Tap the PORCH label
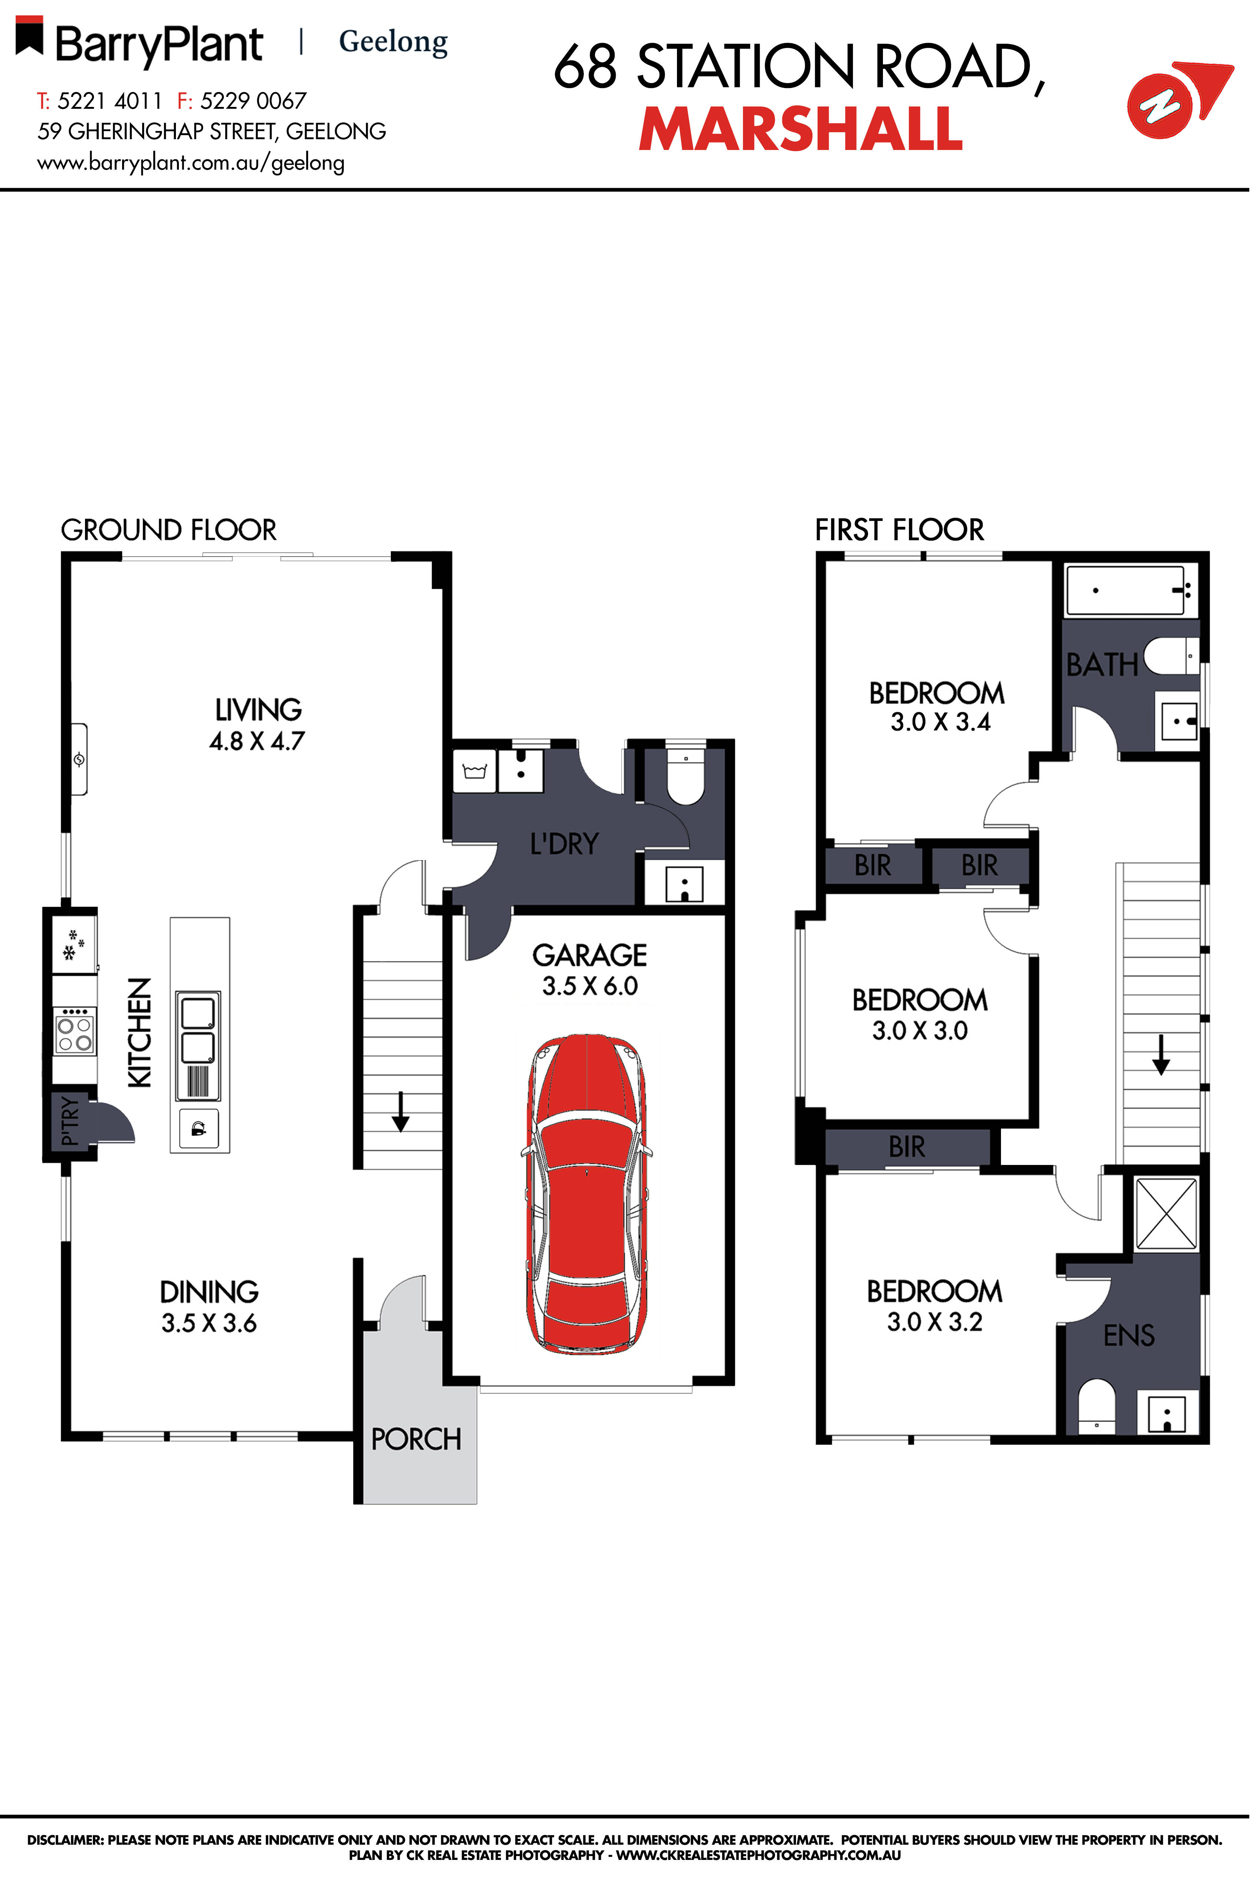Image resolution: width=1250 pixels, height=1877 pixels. (416, 1439)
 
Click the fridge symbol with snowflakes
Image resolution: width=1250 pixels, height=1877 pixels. (74, 945)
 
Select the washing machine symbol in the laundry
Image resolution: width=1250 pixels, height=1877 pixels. (474, 771)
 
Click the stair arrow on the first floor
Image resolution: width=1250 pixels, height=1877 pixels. (1161, 1054)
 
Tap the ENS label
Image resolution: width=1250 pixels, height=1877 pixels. (1129, 1335)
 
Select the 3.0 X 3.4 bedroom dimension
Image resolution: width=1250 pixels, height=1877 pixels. (941, 722)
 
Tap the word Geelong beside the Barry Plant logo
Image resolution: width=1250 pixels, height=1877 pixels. (393, 42)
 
